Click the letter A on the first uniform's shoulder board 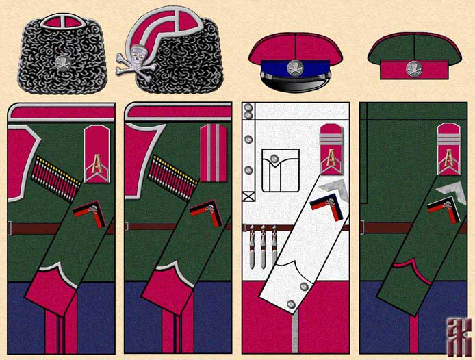pos(95,162)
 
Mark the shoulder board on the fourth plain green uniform pos(448,147)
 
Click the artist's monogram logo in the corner pos(457,335)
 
